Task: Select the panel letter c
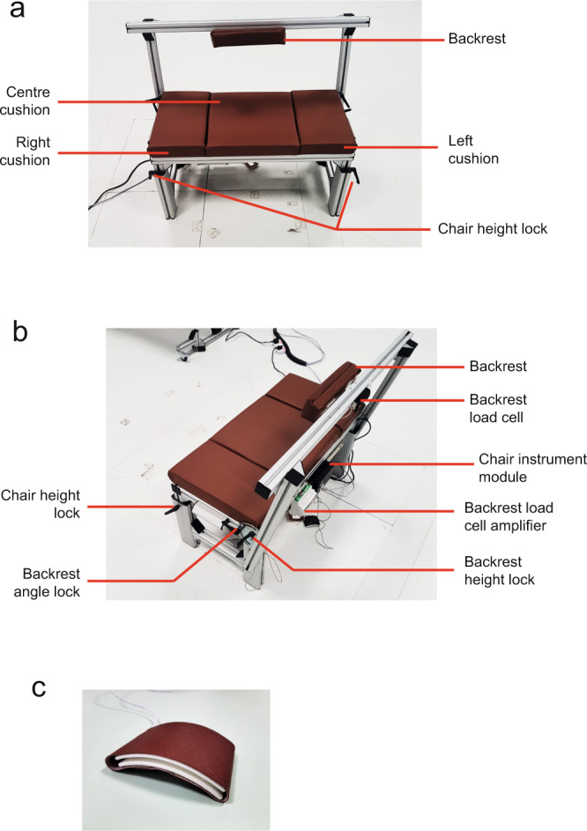(39, 688)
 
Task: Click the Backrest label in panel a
(476, 39)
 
